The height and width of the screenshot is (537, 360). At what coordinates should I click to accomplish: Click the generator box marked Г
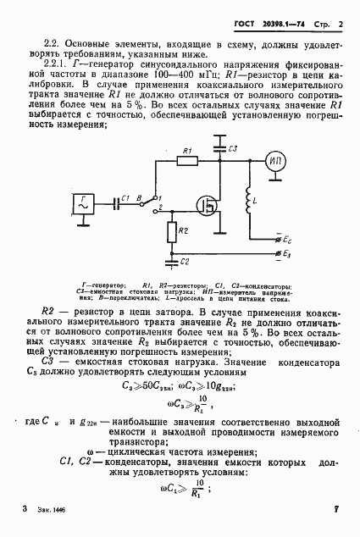pos(86,204)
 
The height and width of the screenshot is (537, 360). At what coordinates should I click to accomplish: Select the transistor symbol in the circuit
pos(205,203)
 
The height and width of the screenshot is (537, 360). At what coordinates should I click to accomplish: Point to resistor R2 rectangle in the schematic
pos(172,231)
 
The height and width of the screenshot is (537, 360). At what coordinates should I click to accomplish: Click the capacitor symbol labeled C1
pos(116,204)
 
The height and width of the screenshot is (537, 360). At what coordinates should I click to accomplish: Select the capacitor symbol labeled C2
pos(171,261)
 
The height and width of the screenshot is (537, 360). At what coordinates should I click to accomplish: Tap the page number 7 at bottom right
pos(336,509)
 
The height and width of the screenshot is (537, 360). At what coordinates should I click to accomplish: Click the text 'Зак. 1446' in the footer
pos(53,511)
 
